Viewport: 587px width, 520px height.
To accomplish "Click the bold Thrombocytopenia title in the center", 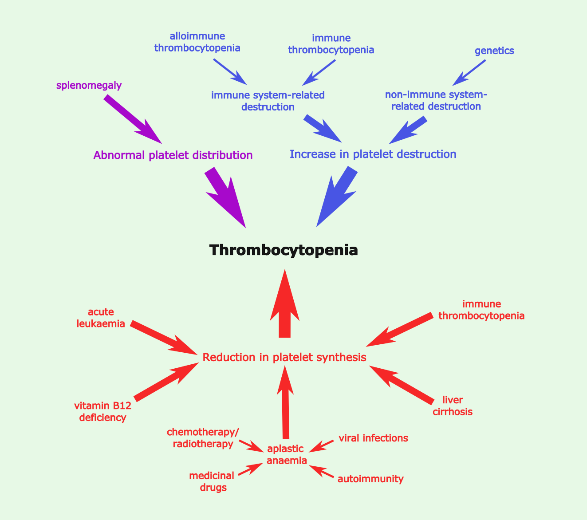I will pyautogui.click(x=284, y=250).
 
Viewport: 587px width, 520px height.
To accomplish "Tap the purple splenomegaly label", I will pyautogui.click(x=89, y=86).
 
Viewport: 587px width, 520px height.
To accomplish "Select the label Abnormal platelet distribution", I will pyautogui.click(x=173, y=155).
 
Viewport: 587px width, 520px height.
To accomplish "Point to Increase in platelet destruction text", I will pyautogui.click(x=373, y=154).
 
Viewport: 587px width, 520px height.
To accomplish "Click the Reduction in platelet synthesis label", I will pyautogui.click(x=284, y=357).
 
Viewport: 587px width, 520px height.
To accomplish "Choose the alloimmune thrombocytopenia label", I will pyautogui.click(x=197, y=42).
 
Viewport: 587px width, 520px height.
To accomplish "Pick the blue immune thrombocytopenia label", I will pyautogui.click(x=331, y=44).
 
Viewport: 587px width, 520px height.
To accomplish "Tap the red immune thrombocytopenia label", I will pyautogui.click(x=481, y=310).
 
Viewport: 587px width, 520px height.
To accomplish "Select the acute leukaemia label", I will pyautogui.click(x=101, y=318).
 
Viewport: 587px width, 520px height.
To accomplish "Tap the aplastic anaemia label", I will pyautogui.click(x=287, y=454).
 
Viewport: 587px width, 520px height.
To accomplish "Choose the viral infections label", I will pyautogui.click(x=373, y=438).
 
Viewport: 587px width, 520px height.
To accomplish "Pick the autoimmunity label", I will pyautogui.click(x=370, y=479).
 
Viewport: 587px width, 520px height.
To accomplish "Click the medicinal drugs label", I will pyautogui.click(x=211, y=482).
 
